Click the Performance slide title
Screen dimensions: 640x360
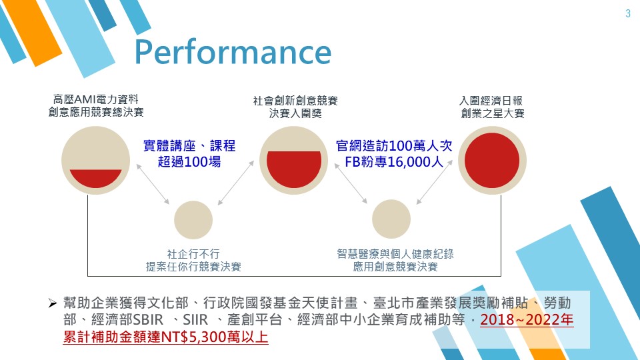233,52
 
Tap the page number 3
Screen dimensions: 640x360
628,13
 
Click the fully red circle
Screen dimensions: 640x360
492,161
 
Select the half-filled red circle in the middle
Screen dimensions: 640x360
293,161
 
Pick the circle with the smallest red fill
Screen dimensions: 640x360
95,161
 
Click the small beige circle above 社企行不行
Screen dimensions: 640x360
193,220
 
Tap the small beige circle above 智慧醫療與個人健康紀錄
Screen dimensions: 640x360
391,219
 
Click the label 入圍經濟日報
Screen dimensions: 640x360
491,101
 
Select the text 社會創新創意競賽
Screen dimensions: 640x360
295,101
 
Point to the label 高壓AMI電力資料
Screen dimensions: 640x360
95,99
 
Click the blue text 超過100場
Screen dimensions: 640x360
189,162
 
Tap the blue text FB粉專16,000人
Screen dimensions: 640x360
394,162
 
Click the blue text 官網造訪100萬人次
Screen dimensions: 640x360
394,146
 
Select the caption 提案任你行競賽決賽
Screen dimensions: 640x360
193,267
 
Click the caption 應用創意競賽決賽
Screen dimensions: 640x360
395,267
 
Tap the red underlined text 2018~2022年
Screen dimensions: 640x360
527,319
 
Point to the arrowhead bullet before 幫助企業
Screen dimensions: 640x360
53,303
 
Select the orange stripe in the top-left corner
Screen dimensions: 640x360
32,31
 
